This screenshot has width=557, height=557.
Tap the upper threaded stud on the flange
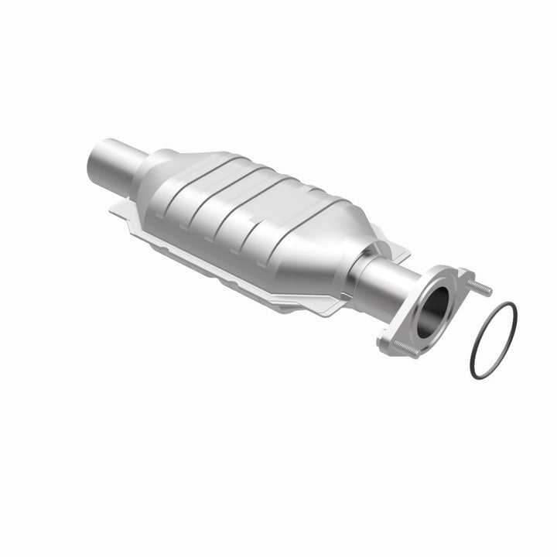[480, 289]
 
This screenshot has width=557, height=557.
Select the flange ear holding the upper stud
[465, 280]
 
